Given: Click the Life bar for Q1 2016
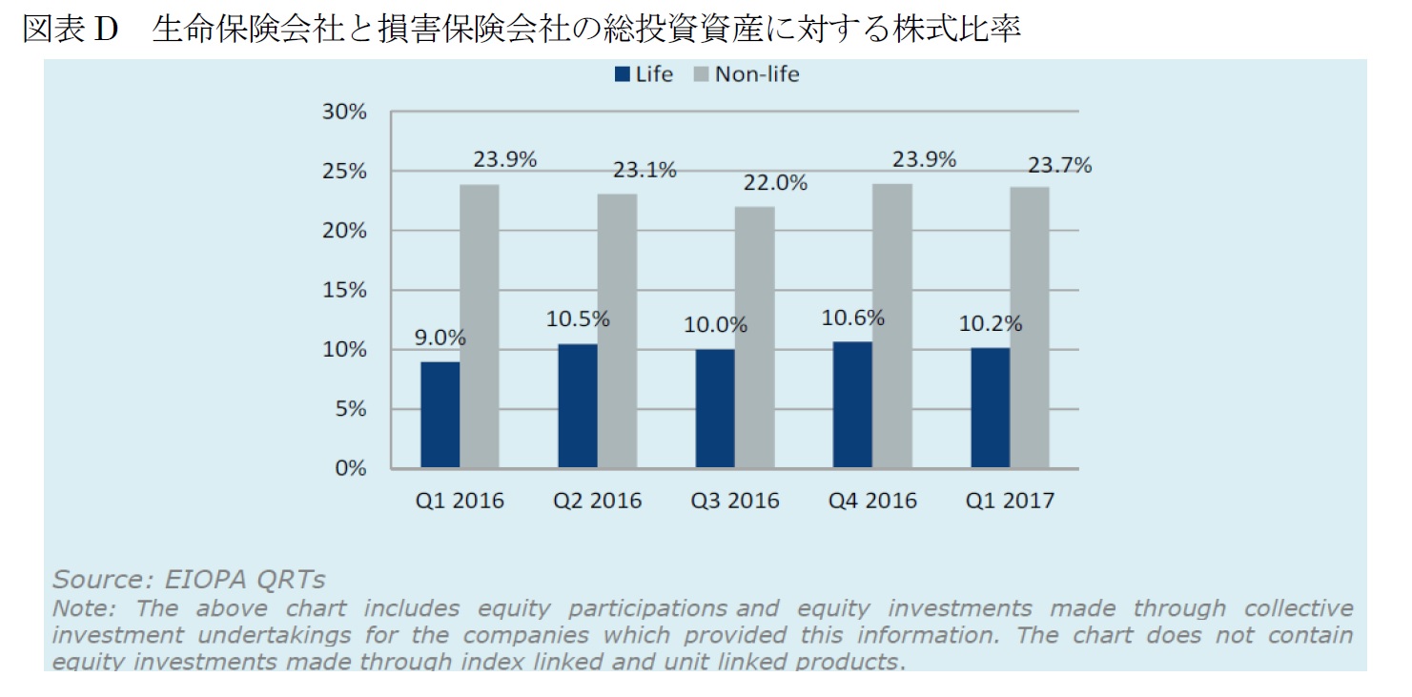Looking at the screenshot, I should pyautogui.click(x=440, y=415).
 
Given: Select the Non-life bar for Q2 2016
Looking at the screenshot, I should pyautogui.click(x=617, y=331).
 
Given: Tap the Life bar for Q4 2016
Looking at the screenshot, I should pyautogui.click(x=851, y=404).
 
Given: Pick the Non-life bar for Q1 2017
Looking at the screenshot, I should pyautogui.click(x=1030, y=327).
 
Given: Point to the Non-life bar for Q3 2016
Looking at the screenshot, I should pyautogui.click(x=754, y=338).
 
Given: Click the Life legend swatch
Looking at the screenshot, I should pyautogui.click(x=623, y=74).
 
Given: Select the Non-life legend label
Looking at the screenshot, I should pyautogui.click(x=757, y=74).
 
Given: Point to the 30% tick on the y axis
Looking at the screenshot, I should pyautogui.click(x=344, y=112).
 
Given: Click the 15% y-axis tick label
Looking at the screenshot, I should pyautogui.click(x=344, y=290).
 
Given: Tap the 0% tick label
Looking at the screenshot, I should pyautogui.click(x=350, y=468).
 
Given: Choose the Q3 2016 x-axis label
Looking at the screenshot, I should pyautogui.click(x=735, y=501).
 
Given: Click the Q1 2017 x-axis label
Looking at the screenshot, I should pyautogui.click(x=1010, y=501).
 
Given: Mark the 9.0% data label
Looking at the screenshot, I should pyautogui.click(x=440, y=337).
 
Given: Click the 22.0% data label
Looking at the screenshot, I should pyautogui.click(x=775, y=182).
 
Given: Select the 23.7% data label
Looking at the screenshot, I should pyautogui.click(x=1059, y=166).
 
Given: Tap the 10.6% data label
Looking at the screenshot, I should pyautogui.click(x=852, y=318).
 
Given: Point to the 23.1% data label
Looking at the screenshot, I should pyautogui.click(x=645, y=170).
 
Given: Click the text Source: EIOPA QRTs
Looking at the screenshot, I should pyautogui.click(x=189, y=580).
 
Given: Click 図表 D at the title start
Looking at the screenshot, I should pyautogui.click(x=69, y=31).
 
